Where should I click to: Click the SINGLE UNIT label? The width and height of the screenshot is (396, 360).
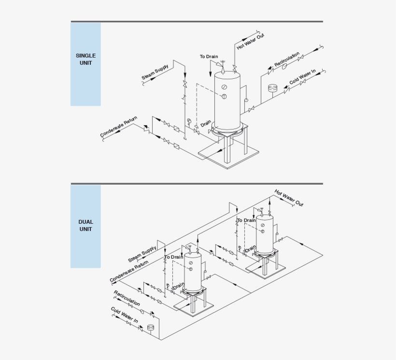coord(85,59)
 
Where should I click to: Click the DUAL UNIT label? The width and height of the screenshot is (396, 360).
coord(85,226)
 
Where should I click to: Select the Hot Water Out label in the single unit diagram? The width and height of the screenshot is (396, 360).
coord(251,41)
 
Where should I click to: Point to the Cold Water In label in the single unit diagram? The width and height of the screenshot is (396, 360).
coord(302,76)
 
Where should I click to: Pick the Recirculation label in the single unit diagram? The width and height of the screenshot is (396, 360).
coord(287,59)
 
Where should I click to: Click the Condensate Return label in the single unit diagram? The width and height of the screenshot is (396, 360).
coord(119,127)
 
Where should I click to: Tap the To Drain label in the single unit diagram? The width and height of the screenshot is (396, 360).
coord(209,57)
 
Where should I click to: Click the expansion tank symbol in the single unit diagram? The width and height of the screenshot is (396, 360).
coord(272,88)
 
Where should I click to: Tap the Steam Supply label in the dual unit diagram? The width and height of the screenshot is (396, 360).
coord(142,253)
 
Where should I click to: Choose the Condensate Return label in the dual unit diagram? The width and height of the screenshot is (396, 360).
coord(129,272)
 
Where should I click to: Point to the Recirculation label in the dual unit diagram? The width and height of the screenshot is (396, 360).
coord(127,298)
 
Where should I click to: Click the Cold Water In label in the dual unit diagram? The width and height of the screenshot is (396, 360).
coord(124,315)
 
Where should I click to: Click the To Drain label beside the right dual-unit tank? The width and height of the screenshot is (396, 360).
coord(246,220)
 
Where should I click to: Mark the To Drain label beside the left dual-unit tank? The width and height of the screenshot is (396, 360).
coord(174,257)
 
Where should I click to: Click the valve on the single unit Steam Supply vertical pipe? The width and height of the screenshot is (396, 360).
coord(184,85)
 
